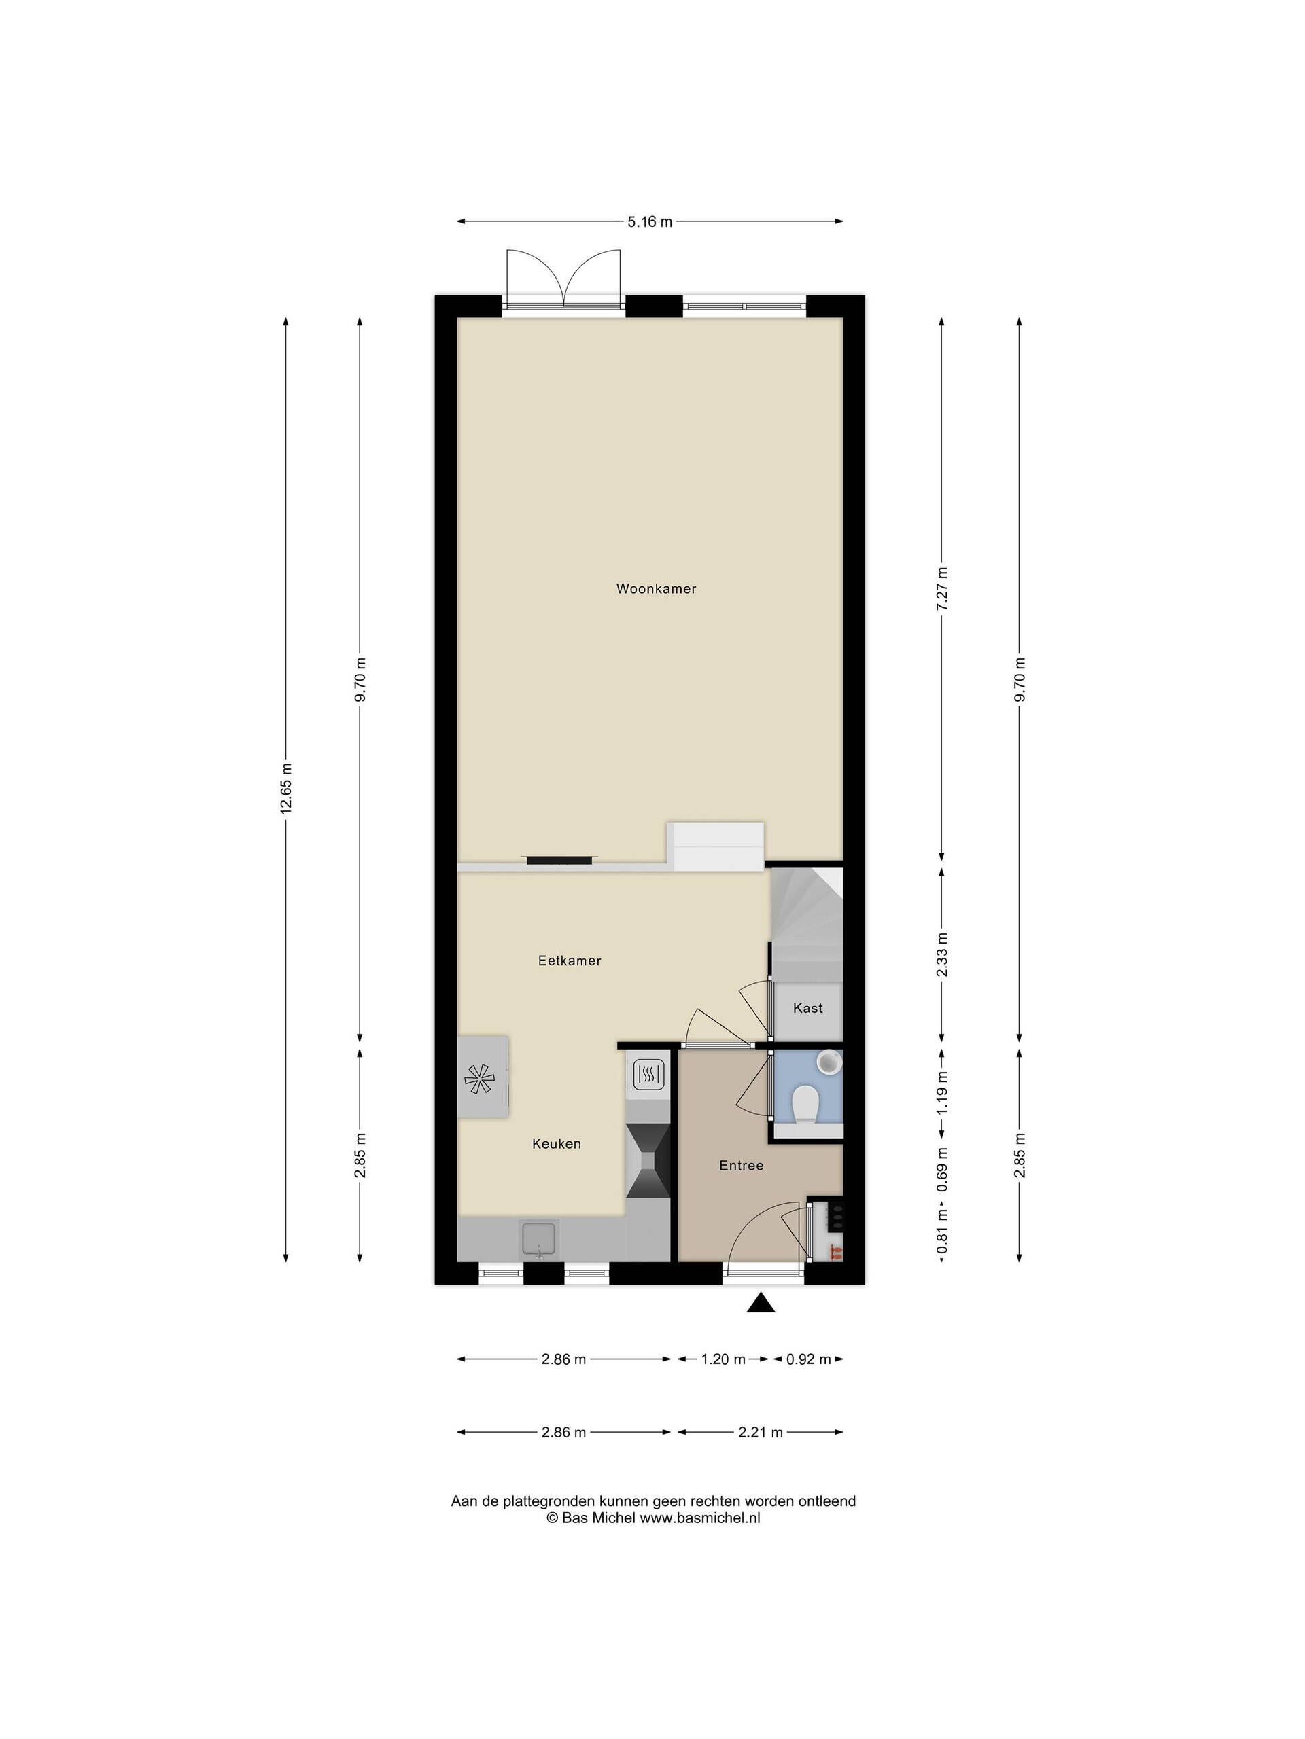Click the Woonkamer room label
[656, 588]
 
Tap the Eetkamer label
[570, 960]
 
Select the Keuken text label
[556, 1143]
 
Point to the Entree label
[741, 1165]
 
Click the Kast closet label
[808, 1007]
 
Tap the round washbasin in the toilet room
[829, 1061]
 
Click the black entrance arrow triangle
[761, 1304]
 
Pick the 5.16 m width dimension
[650, 221]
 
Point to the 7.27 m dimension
[942, 585]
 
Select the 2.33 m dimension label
[942, 954]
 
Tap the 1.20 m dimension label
[723, 1359]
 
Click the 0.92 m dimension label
[809, 1359]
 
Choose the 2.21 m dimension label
[761, 1431]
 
